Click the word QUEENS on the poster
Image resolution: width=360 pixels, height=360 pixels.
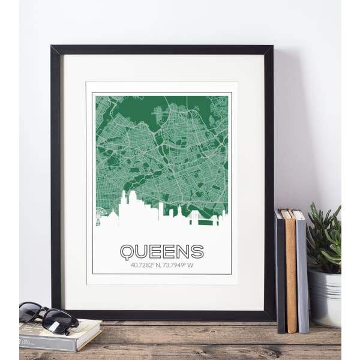(162, 251)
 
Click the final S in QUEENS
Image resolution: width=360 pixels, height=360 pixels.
(197, 251)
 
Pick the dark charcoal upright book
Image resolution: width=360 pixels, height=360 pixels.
(280, 273)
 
